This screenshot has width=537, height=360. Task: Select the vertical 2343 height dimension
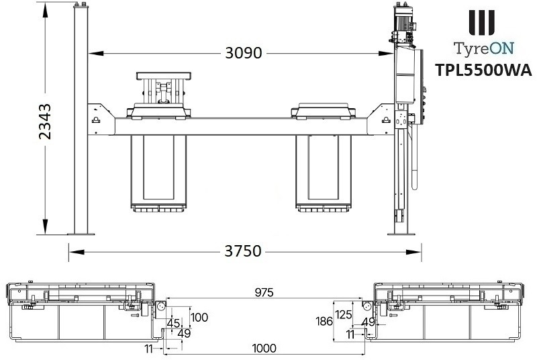46,122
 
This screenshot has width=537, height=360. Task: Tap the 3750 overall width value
242,252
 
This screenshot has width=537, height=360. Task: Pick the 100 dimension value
199,317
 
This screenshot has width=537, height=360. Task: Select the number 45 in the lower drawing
174,323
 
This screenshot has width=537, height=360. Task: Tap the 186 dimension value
324,322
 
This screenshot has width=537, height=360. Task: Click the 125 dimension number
344,314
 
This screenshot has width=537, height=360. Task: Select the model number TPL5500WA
483,70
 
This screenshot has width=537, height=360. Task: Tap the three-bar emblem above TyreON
482,22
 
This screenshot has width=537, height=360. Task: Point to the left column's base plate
81,233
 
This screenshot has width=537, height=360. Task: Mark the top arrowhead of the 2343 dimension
46,7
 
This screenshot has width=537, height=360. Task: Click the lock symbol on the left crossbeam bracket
95,120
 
